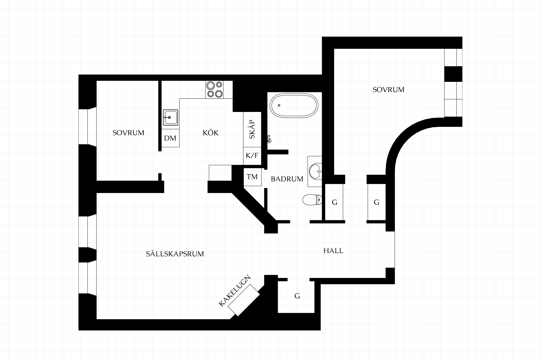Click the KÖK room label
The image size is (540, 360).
tap(211, 133)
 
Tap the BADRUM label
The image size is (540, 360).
tap(287, 179)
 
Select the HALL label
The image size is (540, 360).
tap(333, 251)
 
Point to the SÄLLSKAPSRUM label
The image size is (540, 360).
tap(175, 254)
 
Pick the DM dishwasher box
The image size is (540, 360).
tap(170, 138)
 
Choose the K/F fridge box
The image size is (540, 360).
tap(252, 156)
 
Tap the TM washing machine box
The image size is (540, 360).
tap(252, 177)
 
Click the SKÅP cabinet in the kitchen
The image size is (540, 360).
tap(252, 129)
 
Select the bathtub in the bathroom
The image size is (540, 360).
tap(294, 105)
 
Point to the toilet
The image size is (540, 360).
tap(312, 200)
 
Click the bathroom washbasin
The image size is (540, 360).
tap(315, 171)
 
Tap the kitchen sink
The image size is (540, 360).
tap(170, 117)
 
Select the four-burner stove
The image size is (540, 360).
tap(214, 89)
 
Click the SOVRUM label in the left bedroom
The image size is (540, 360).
tap(128, 133)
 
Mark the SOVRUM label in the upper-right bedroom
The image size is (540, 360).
tap(388, 90)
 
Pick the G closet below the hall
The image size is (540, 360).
tap(297, 296)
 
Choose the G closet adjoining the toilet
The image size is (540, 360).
tap(334, 202)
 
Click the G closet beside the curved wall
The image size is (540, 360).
tap(377, 202)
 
